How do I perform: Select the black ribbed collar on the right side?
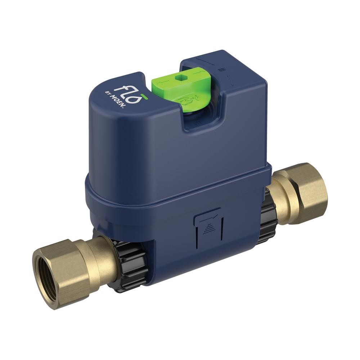pyautogui.click(x=266, y=216)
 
